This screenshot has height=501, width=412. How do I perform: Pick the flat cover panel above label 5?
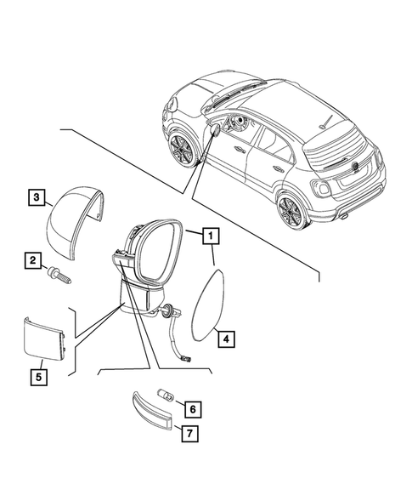tap(42, 337)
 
